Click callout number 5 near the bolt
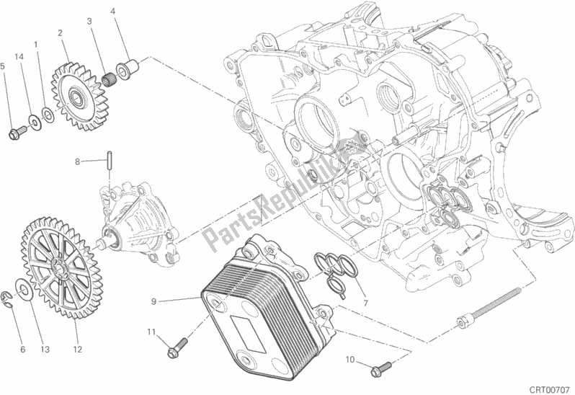4,66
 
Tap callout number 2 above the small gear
60,32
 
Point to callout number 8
78,162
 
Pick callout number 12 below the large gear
76,350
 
